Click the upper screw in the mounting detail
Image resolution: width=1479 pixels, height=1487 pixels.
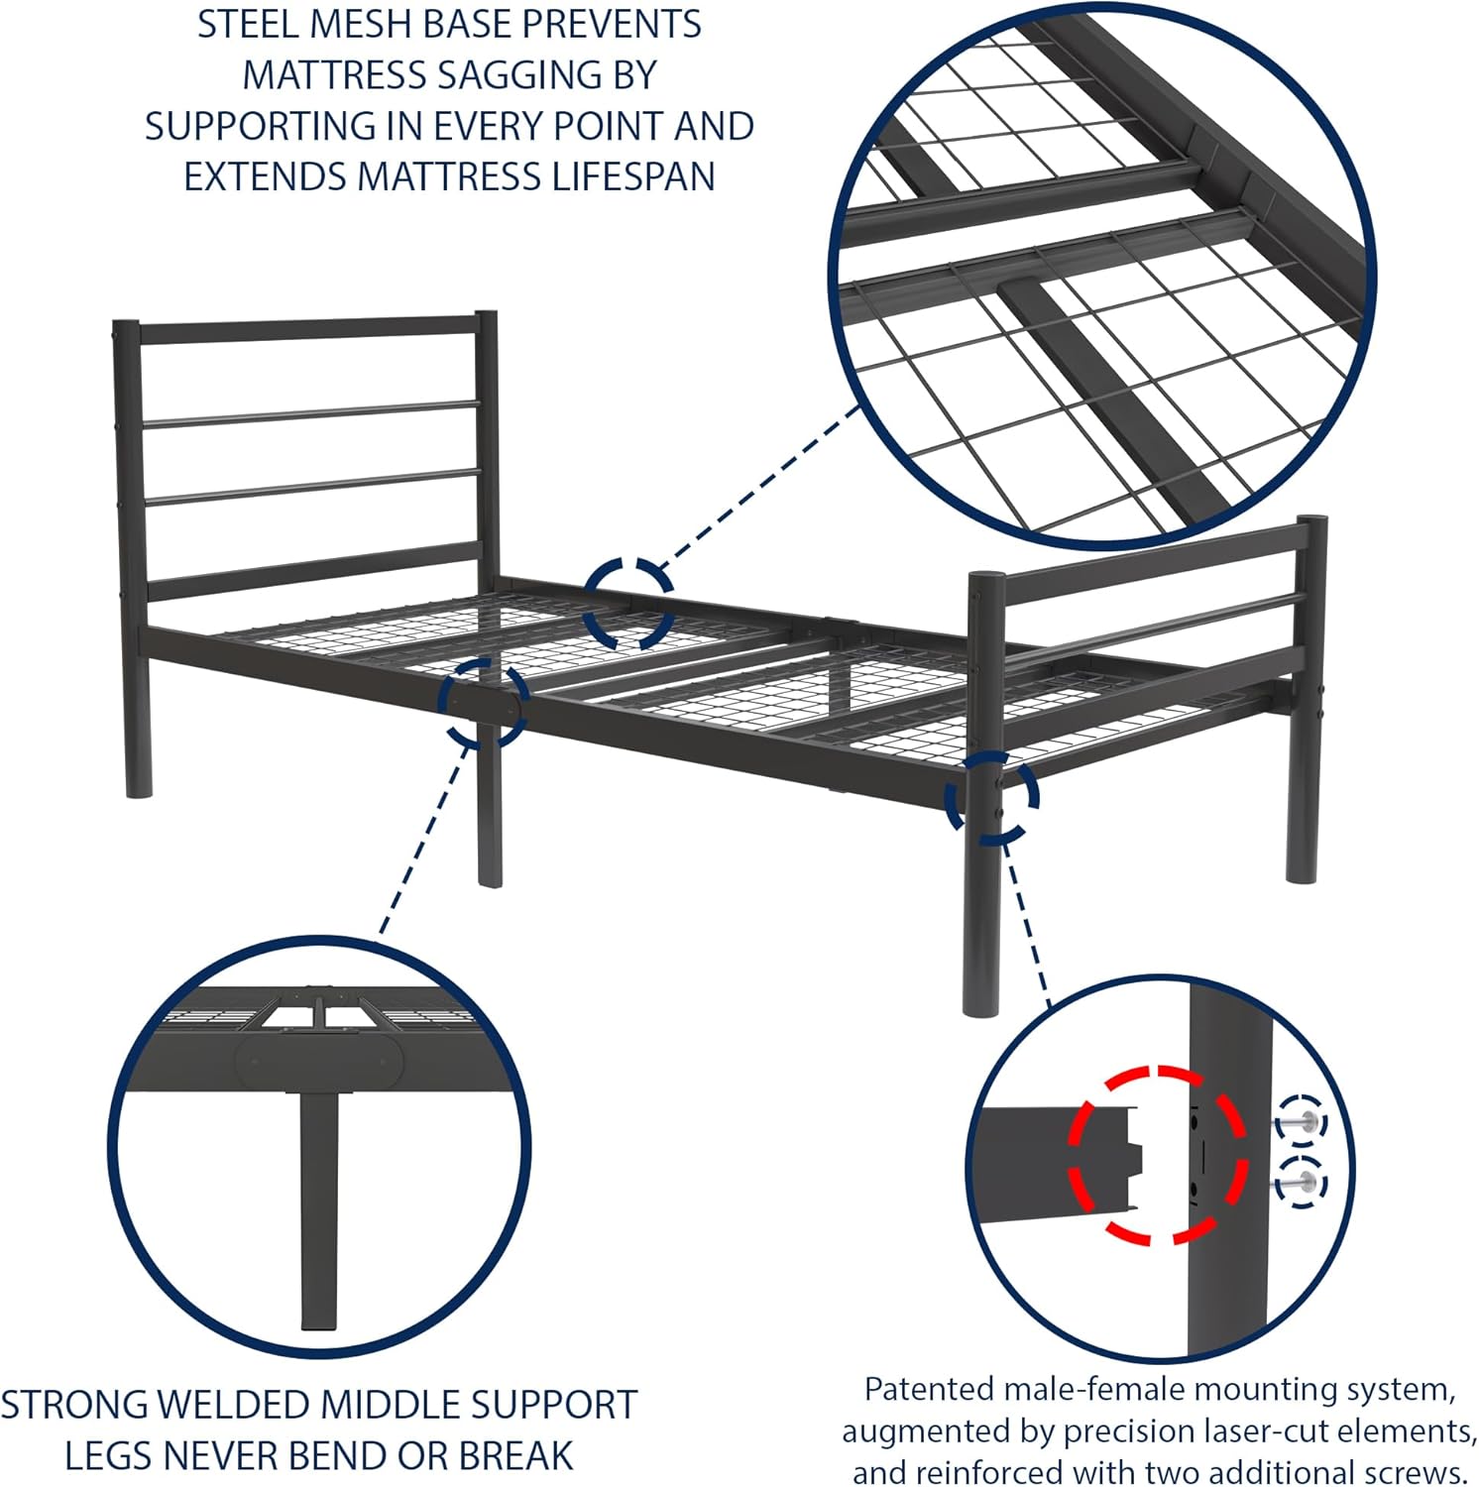1300,1122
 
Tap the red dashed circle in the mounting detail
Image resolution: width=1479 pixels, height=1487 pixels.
1157,1155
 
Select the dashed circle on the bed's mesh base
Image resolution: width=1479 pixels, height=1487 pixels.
627,604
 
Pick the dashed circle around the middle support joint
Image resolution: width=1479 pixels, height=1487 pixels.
483,704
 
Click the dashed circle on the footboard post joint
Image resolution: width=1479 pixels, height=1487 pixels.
991,796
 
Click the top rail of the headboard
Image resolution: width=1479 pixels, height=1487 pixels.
307,330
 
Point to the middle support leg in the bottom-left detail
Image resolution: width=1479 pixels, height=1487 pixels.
318,1209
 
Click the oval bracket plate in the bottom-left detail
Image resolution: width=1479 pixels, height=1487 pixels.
319,1061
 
